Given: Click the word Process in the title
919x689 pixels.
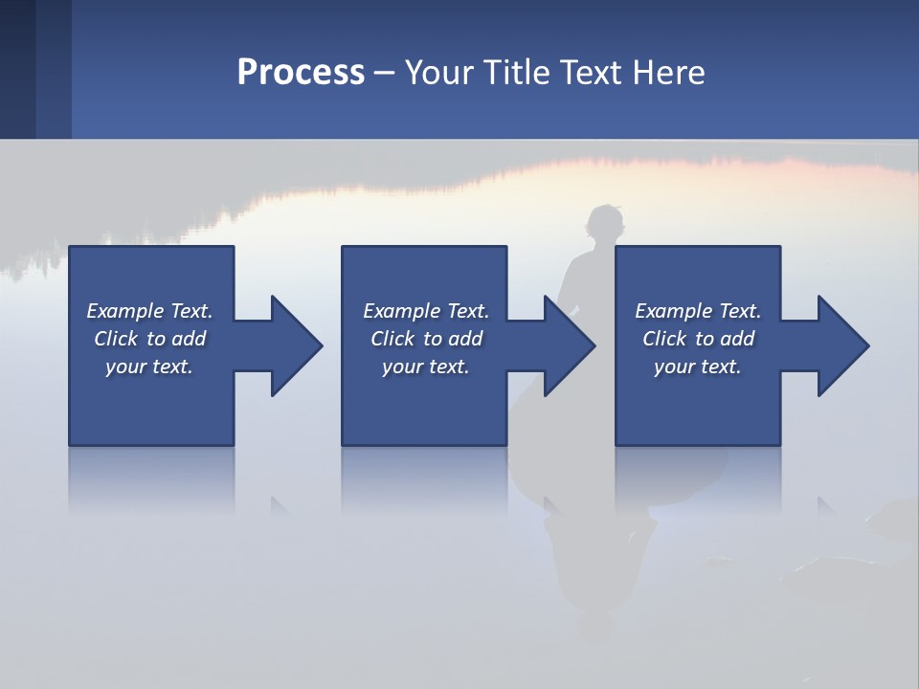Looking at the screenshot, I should coord(301,73).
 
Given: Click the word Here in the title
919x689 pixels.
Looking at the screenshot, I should coord(670,73).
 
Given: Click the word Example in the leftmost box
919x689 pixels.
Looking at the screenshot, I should coord(125,311).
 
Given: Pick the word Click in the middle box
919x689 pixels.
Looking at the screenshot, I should coord(393,339).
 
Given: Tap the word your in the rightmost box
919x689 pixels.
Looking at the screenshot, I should coord(674,367).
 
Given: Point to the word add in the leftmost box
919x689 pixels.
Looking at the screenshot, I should coord(190,339).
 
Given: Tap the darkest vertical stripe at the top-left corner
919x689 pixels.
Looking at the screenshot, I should coord(17,69).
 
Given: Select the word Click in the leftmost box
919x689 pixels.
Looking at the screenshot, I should coord(117,339).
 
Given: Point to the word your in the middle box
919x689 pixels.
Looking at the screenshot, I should coord(402,367).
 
